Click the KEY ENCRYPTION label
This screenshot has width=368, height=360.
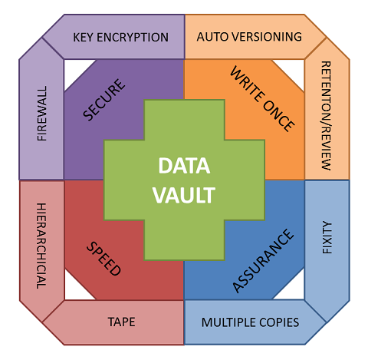(x=120, y=38)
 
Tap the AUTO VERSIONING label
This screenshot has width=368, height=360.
(x=249, y=37)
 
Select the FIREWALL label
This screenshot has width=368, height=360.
(x=42, y=114)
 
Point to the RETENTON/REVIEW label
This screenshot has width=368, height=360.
(x=326, y=116)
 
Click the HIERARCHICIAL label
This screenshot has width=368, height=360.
(x=41, y=246)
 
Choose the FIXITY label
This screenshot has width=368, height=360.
(x=327, y=237)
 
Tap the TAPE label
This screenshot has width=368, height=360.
(x=121, y=322)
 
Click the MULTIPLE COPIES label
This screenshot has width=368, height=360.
(x=250, y=322)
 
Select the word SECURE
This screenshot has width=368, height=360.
(x=104, y=100)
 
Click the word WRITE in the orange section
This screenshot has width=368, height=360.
(x=247, y=84)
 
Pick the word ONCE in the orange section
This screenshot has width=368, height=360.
(x=278, y=115)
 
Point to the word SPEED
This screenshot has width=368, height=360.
(x=103, y=259)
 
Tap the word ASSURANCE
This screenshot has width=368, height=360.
(x=263, y=261)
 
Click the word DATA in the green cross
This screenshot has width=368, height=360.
(x=184, y=166)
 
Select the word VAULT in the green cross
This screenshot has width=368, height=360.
(x=184, y=195)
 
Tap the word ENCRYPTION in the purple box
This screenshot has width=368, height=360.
(x=133, y=38)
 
